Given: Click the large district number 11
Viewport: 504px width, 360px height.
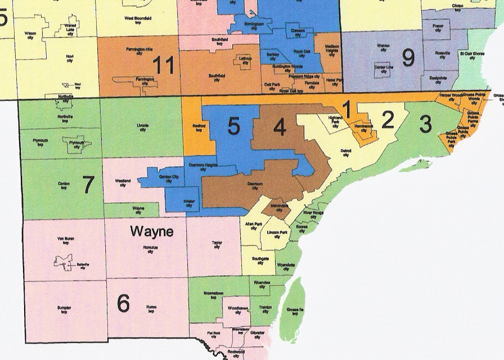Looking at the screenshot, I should pyautogui.click(x=163, y=66).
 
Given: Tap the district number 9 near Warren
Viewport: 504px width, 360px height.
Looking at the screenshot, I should pyautogui.click(x=408, y=56).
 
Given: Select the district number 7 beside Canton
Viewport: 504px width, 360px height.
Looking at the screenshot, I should pyautogui.click(x=88, y=184).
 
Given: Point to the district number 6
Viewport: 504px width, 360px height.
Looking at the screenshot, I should pyautogui.click(x=123, y=303).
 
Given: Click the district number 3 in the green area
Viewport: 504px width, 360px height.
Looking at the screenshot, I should pyautogui.click(x=425, y=123).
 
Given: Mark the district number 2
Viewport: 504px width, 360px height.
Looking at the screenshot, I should pyautogui.click(x=388, y=120).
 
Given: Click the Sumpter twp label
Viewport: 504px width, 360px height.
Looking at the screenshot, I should pyautogui.click(x=64, y=310).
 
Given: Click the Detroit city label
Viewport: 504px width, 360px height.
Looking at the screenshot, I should pyautogui.click(x=346, y=152).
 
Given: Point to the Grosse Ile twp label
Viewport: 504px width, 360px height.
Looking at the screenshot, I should pyautogui.click(x=291, y=313).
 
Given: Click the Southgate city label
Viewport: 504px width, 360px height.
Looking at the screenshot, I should pyautogui.click(x=260, y=260).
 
